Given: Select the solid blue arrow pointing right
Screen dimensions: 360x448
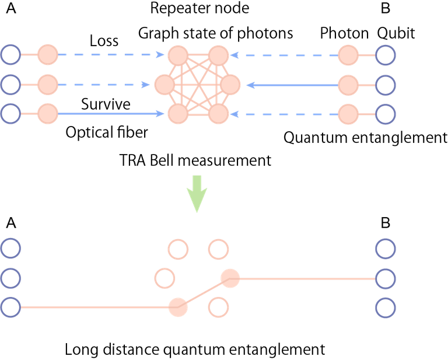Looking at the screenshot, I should click(x=111, y=114).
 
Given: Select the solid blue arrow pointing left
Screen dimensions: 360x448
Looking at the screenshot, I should click(x=292, y=85).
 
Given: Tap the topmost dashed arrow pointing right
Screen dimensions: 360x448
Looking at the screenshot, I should click(x=111, y=55).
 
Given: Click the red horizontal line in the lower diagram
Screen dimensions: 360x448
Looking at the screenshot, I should click(x=93, y=306).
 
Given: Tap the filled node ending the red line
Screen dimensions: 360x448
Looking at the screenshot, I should click(x=178, y=307).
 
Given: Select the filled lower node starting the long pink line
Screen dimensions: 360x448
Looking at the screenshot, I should click(x=230, y=278).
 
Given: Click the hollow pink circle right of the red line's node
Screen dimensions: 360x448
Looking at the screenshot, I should click(x=218, y=307).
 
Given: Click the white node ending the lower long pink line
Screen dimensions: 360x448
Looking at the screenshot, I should click(x=385, y=278).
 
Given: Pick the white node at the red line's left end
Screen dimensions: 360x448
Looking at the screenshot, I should click(x=10, y=307).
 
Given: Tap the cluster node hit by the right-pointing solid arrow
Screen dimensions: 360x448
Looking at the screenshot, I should click(x=178, y=114).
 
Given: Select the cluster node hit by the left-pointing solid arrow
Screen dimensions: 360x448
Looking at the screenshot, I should click(x=230, y=85).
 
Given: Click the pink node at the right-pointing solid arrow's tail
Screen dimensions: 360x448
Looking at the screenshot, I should click(x=48, y=114).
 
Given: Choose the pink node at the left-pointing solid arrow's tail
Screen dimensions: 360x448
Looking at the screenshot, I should click(x=348, y=85).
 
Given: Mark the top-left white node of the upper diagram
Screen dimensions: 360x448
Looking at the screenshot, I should click(x=10, y=55).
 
